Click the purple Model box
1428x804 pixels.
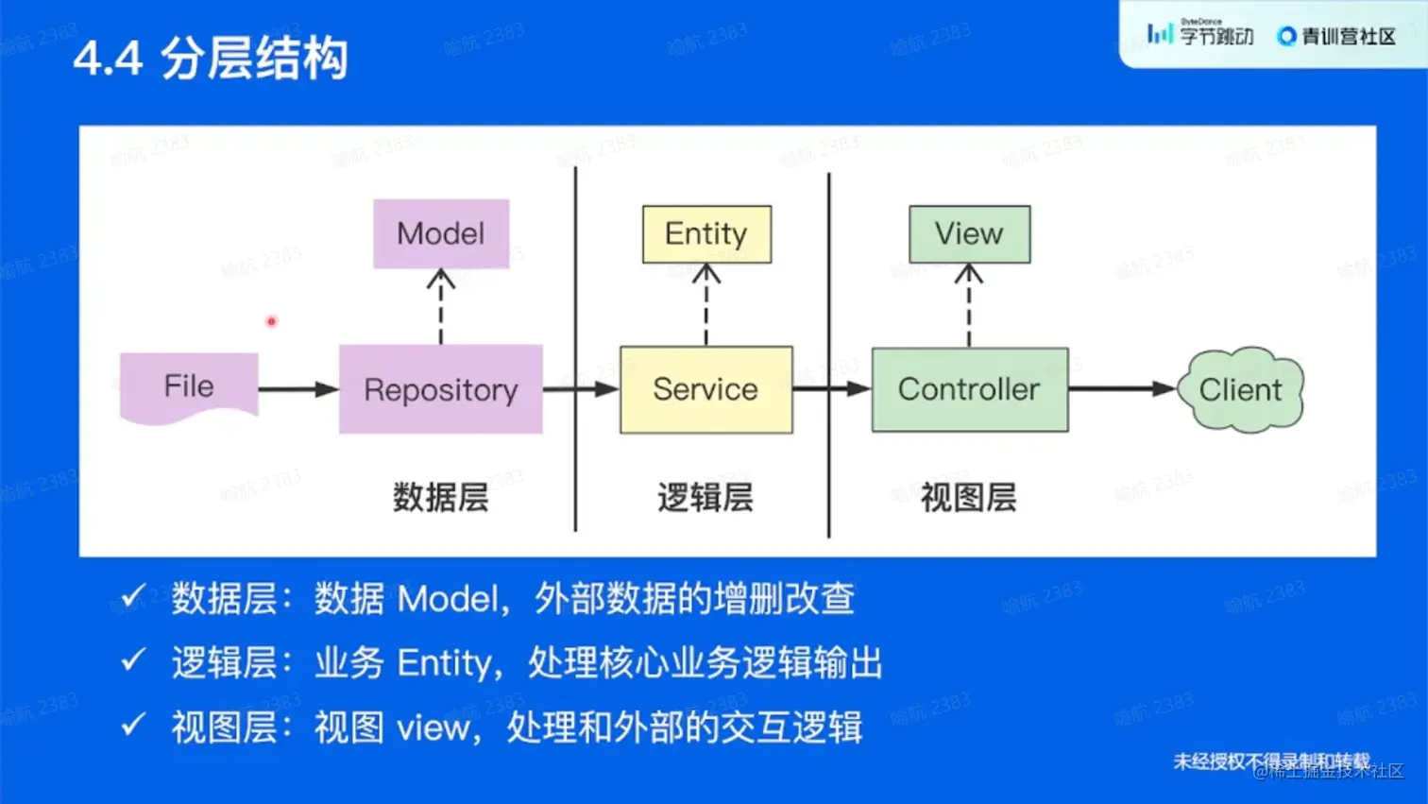coord(441,233)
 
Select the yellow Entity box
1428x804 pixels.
coord(706,234)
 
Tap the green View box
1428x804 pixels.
coord(969,234)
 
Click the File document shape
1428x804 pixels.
coord(189,386)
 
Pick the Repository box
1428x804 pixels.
coord(441,389)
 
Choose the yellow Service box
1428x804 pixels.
coord(705,389)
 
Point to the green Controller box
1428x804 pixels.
coord(969,389)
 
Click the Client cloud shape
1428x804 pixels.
coord(1240,389)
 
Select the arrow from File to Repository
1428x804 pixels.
coord(297,389)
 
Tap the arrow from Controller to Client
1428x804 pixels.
coord(1122,388)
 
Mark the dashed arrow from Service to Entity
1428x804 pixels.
coord(706,304)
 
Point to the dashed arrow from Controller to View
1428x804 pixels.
coord(969,304)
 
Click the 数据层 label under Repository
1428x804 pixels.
coord(441,497)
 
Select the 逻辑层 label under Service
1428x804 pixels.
coord(705,497)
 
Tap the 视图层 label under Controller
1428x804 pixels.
coord(969,497)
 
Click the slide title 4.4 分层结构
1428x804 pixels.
coord(211,59)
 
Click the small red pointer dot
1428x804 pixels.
coord(271,322)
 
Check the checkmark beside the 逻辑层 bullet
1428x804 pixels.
coord(133,660)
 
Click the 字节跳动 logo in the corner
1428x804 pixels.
coord(1200,35)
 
